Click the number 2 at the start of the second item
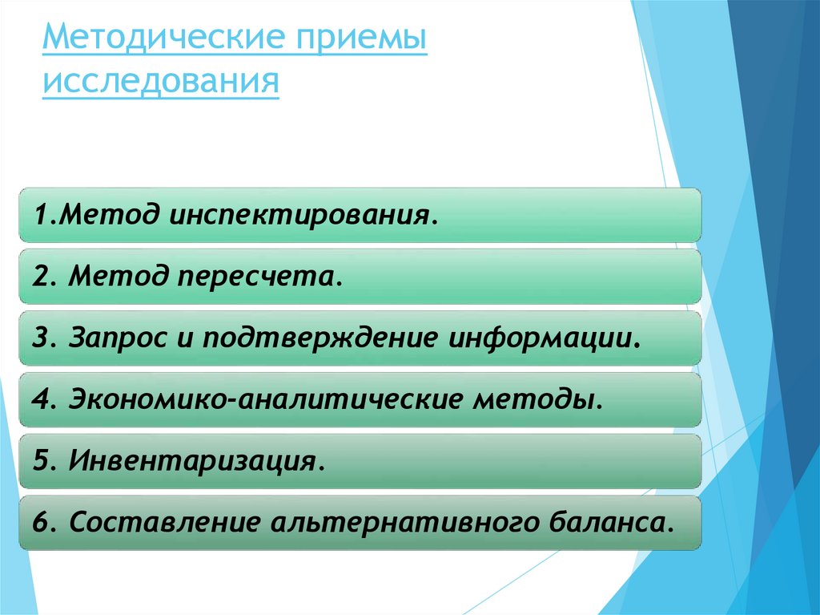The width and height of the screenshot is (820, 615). [x=39, y=277]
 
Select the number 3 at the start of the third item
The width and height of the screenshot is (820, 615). [x=39, y=337]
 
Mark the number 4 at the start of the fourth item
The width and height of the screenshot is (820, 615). [x=39, y=399]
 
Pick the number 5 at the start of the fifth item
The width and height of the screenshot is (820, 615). [x=39, y=460]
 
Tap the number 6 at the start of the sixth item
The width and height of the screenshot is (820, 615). [x=39, y=523]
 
